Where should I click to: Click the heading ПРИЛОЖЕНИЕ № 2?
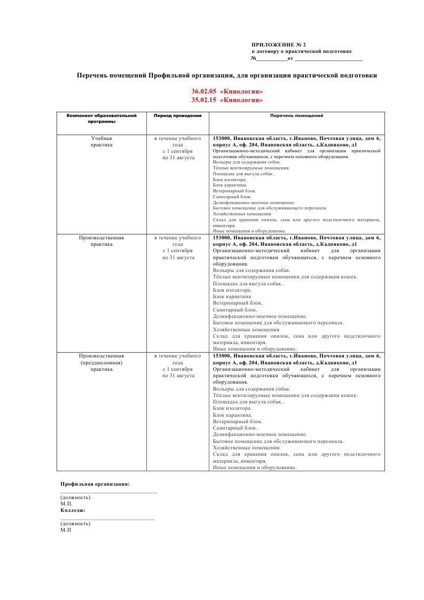click(x=279, y=45)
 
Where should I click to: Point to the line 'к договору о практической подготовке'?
click(x=301, y=51)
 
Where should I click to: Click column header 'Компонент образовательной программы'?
click(x=101, y=118)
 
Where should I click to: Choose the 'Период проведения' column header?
click(x=177, y=115)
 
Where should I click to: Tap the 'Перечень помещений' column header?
click(x=296, y=115)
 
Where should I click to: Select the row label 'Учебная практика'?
click(x=101, y=142)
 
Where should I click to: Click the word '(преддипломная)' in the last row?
click(x=101, y=362)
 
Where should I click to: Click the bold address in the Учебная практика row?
click(x=296, y=142)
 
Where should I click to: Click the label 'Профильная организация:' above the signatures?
click(x=95, y=484)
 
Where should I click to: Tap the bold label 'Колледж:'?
click(x=73, y=510)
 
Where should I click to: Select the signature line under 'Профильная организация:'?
click(x=108, y=492)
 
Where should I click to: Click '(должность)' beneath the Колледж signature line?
click(x=75, y=524)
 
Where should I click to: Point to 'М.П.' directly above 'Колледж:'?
click(x=66, y=504)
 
